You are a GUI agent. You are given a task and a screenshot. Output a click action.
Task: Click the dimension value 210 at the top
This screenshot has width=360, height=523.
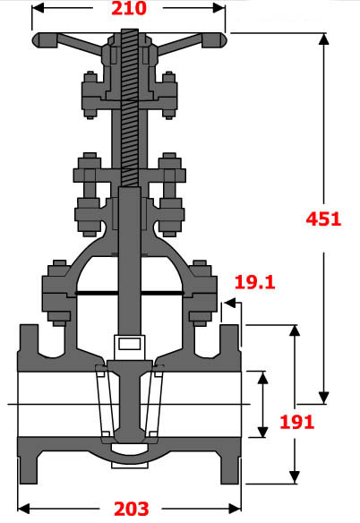130,10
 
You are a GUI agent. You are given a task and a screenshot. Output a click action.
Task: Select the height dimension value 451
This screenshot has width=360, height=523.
323,218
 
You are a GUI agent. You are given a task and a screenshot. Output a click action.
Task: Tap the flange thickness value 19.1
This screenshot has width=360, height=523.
253,283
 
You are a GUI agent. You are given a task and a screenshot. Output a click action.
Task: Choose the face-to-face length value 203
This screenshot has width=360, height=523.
131,509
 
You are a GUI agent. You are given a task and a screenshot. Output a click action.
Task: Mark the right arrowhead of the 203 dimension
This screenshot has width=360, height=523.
239,509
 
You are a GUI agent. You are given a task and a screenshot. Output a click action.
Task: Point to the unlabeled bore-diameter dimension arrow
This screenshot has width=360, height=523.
262,404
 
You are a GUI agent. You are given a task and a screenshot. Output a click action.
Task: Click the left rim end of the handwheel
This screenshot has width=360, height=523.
39,40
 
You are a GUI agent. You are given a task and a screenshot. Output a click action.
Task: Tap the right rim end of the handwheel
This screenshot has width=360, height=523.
219,40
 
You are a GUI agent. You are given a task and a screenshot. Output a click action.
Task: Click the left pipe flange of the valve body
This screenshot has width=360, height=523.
27,403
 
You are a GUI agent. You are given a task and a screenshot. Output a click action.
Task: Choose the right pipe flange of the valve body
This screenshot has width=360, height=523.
231,403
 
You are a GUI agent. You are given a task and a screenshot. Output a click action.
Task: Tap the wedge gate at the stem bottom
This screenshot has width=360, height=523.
130,403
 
